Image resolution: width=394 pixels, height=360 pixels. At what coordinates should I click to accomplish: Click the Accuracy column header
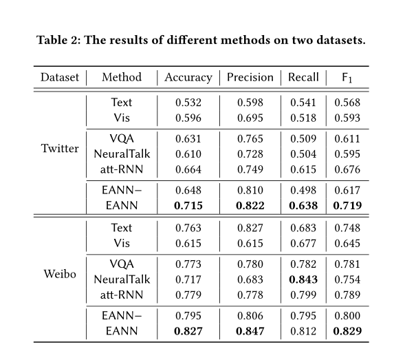tap(188, 78)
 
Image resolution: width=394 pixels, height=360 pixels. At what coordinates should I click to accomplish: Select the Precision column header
tap(250, 77)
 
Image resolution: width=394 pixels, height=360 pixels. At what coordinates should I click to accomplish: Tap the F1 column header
tap(347, 78)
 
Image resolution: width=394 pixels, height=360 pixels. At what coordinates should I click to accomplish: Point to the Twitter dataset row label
tap(60, 149)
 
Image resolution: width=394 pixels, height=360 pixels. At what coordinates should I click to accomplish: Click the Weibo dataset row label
tap(60, 274)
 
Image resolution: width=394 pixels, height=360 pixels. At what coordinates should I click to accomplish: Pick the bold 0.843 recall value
tap(303, 279)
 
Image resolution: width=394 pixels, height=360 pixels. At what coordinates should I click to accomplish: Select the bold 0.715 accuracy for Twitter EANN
tap(188, 206)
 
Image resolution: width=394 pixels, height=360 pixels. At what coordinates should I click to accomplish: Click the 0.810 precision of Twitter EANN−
tap(250, 190)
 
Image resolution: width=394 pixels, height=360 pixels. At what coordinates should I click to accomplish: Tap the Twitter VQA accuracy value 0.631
tap(188, 139)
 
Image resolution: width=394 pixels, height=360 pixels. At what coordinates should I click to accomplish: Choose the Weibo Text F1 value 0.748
tap(347, 228)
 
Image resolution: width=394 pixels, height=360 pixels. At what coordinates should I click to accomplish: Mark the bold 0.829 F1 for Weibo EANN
tap(347, 331)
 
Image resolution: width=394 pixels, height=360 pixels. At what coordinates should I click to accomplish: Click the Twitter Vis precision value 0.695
tap(250, 118)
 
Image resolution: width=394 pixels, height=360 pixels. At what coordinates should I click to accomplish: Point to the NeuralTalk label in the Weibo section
tap(122, 279)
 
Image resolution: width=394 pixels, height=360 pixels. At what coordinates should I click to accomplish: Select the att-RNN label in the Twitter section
tap(122, 169)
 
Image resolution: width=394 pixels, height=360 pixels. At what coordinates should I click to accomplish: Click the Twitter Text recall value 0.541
tap(303, 103)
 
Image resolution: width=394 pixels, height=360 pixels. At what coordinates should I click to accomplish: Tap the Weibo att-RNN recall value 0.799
tap(303, 295)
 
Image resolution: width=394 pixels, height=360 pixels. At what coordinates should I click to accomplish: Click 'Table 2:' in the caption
tap(58, 40)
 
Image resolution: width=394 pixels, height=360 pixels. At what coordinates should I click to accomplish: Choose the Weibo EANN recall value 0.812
tap(303, 331)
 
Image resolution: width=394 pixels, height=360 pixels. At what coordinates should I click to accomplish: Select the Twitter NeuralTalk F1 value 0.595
tap(347, 154)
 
